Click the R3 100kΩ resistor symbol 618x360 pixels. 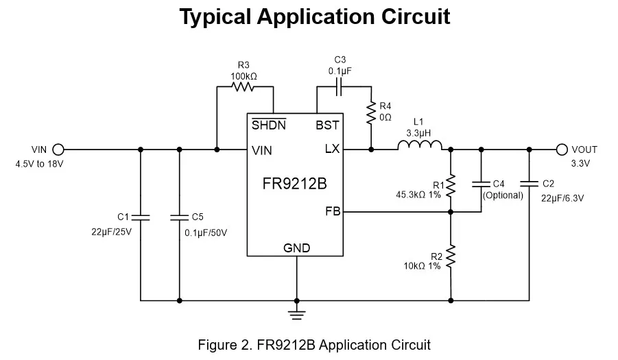tap(243, 86)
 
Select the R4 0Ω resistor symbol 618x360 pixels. tap(371, 112)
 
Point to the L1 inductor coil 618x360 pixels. tap(420, 145)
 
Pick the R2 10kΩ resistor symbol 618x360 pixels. tap(451, 257)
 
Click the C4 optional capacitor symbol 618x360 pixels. tap(481, 184)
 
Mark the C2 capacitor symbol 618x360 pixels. tap(529, 183)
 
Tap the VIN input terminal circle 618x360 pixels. tap(58, 149)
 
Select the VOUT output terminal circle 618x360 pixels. tap(562, 149)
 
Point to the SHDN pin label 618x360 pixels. tap(269, 125)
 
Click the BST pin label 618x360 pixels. tap(327, 125)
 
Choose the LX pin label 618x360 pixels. tap(332, 149)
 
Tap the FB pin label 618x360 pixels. tap(333, 211)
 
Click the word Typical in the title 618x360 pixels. tap(215, 17)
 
